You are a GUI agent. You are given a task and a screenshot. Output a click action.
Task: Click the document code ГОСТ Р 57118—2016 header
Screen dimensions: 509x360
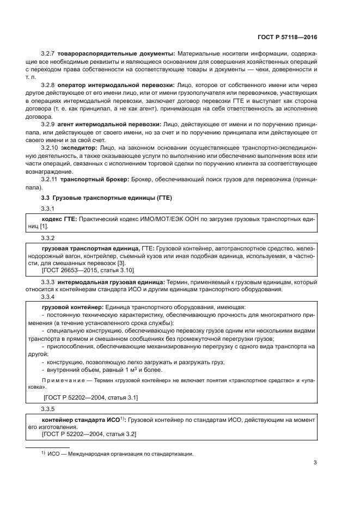tap(287, 39)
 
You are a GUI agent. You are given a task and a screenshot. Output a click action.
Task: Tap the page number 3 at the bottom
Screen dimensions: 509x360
tap(315, 463)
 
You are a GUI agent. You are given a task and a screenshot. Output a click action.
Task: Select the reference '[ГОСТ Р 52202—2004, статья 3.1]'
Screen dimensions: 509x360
tap(90, 398)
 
